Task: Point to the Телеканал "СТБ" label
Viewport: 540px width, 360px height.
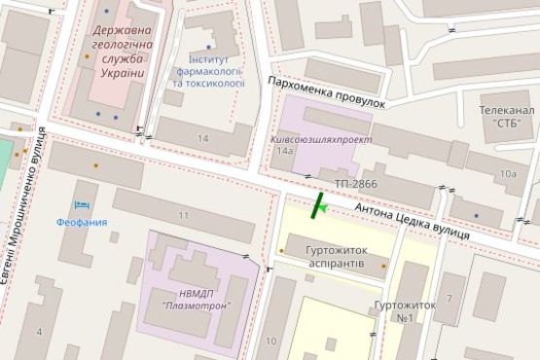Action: click(504, 117)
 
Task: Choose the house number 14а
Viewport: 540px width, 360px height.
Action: click(284, 153)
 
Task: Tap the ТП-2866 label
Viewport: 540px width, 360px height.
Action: click(355, 183)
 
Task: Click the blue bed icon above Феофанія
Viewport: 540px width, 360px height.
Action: click(81, 205)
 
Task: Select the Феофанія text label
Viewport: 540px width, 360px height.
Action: click(81, 223)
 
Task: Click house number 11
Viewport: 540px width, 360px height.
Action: click(183, 214)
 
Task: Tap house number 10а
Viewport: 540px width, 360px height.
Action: click(507, 174)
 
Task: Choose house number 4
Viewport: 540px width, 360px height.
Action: click(40, 332)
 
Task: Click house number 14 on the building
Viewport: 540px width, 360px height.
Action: click(202, 139)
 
